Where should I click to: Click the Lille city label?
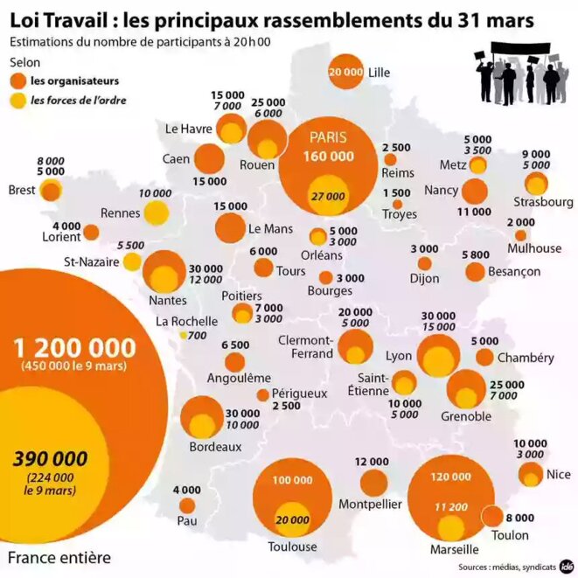point(380,73)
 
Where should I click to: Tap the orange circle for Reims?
point(390,160)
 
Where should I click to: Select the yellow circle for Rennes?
point(157,212)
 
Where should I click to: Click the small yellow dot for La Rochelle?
point(183,335)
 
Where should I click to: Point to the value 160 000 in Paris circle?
point(329,157)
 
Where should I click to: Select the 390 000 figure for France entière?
point(50,457)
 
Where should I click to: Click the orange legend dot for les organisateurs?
point(17,81)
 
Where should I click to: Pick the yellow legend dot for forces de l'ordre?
point(17,100)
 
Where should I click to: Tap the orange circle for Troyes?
point(397,204)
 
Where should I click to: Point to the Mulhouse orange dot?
point(520,235)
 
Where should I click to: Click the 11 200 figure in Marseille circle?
point(451,505)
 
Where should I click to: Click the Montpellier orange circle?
point(373,483)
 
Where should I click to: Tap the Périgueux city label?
point(299,393)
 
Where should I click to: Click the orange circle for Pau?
point(187,505)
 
